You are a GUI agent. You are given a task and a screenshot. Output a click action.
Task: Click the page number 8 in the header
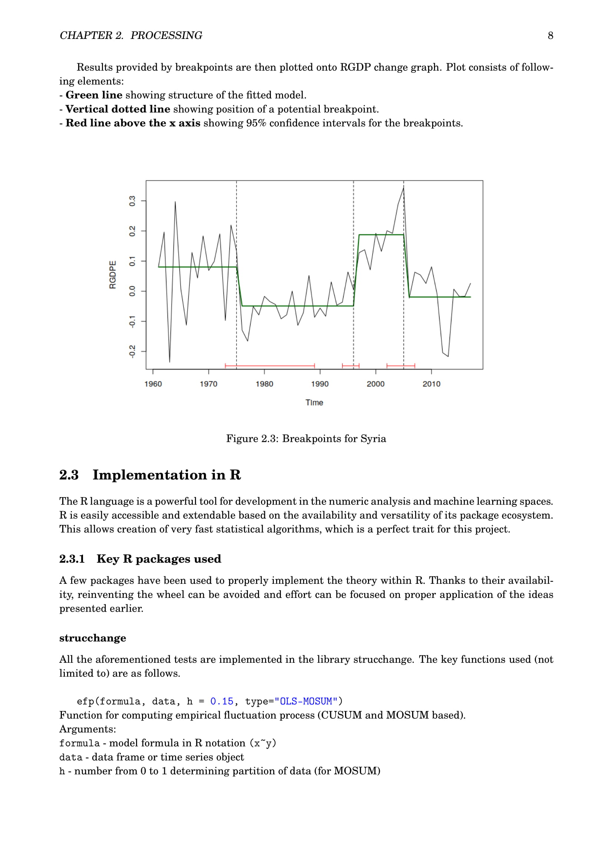tap(550, 36)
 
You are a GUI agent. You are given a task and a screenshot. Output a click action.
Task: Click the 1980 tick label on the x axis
tap(264, 384)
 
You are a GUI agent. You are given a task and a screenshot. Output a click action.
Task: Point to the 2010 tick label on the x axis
tap(431, 384)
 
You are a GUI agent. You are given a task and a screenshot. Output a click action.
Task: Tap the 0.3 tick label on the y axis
tap(132, 201)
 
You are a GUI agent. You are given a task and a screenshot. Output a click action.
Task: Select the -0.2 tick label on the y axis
tap(132, 351)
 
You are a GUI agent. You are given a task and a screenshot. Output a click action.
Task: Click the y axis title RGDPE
tap(113, 275)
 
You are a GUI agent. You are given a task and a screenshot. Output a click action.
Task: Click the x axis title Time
tap(314, 403)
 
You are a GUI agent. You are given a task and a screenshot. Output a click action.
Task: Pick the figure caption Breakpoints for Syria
tap(306, 439)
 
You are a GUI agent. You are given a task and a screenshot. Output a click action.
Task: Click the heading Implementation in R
tap(166, 475)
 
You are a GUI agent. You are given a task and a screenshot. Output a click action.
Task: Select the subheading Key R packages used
tap(159, 559)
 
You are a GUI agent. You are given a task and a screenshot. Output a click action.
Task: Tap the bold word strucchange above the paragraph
tap(93, 638)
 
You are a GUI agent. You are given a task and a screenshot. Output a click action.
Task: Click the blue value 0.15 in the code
tap(222, 702)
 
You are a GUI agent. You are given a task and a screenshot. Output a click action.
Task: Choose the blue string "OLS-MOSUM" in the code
tap(306, 702)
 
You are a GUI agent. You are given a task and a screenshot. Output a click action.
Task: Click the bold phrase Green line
tap(94, 95)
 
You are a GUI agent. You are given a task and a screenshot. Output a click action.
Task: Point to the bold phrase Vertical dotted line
tap(118, 109)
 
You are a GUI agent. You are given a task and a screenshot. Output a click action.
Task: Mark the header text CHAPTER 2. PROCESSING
tap(131, 36)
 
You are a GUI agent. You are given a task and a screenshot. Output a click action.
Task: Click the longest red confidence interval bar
tap(269, 365)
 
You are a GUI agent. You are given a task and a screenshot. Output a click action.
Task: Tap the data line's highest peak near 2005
tap(403, 188)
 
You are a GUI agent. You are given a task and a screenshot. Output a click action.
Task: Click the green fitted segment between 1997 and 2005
tap(381, 235)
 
